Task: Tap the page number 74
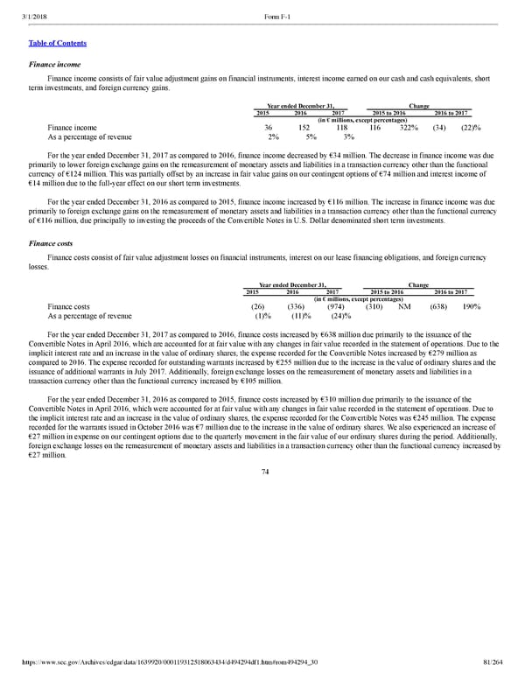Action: point(264,472)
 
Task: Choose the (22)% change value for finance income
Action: point(471,127)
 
